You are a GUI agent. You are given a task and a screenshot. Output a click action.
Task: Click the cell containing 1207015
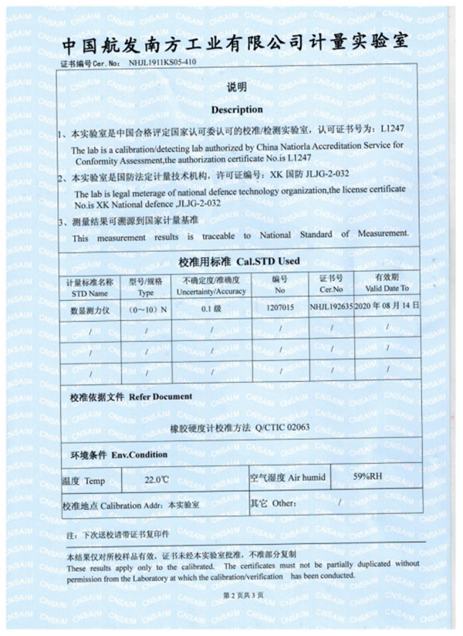pos(280,307)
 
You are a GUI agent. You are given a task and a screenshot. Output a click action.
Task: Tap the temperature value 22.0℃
pos(157,479)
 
